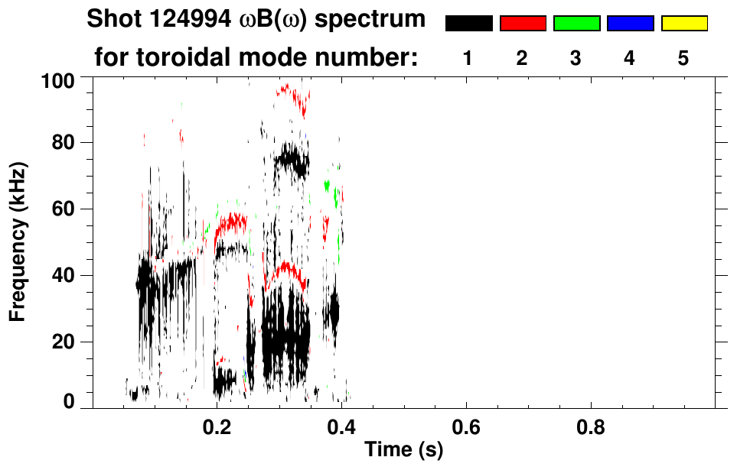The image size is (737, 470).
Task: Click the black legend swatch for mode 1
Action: pyautogui.click(x=469, y=24)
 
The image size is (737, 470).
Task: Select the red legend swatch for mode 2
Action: pyautogui.click(x=523, y=24)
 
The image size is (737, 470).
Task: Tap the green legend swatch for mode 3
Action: pyautogui.click(x=576, y=24)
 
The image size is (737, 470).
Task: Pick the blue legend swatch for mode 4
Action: pyautogui.click(x=630, y=24)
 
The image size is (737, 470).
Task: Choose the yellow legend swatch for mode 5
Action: pyautogui.click(x=683, y=24)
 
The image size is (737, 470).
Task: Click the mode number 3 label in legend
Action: pyautogui.click(x=576, y=58)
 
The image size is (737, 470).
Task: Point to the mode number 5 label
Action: pyautogui.click(x=683, y=58)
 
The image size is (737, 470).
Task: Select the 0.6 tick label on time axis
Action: pyautogui.click(x=465, y=426)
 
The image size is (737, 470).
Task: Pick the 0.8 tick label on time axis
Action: pyautogui.click(x=590, y=426)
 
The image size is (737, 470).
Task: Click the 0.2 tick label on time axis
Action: pyautogui.click(x=217, y=426)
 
